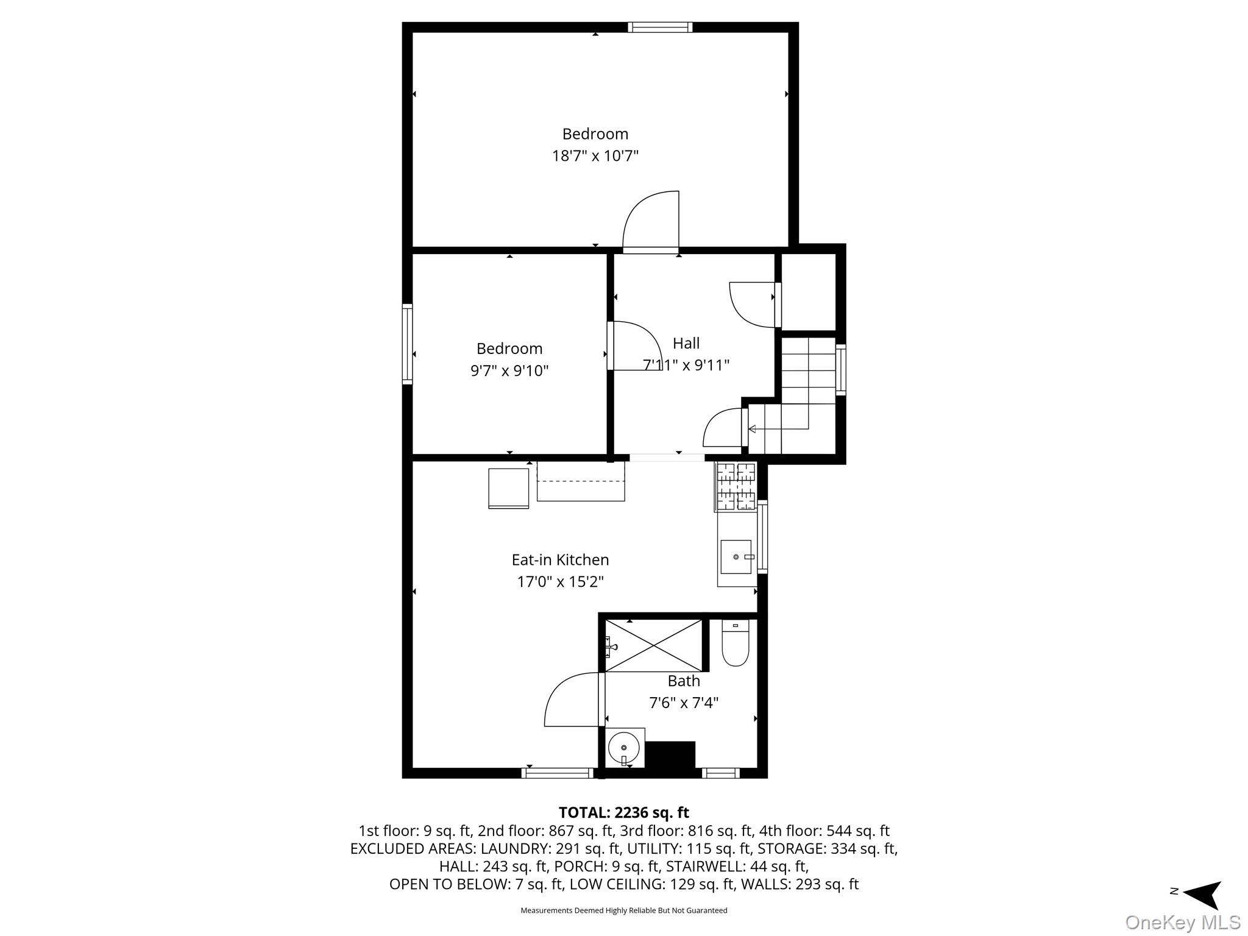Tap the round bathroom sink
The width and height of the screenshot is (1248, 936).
(x=623, y=747)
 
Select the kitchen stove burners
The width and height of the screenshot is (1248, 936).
(x=736, y=486)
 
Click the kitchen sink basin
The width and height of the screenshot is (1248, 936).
(x=736, y=557)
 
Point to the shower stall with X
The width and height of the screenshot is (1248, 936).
(x=653, y=645)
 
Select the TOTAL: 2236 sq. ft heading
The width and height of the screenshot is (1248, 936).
(x=623, y=812)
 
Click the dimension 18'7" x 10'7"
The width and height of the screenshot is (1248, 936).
(x=595, y=156)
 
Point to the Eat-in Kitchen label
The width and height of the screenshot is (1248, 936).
(x=560, y=559)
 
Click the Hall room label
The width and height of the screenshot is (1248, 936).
(x=686, y=343)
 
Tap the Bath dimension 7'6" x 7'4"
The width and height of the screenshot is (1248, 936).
(x=684, y=703)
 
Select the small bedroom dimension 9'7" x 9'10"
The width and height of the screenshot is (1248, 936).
(x=509, y=370)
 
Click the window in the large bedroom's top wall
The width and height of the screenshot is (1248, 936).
(x=660, y=27)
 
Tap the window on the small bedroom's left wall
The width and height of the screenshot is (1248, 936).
(x=407, y=344)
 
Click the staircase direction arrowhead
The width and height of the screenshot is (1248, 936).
(x=752, y=429)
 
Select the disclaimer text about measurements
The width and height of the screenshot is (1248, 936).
(x=623, y=910)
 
